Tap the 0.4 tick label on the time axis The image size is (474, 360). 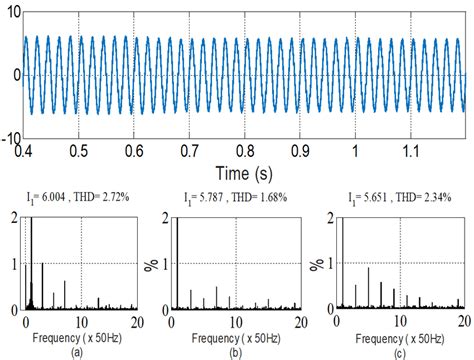[x=23, y=150]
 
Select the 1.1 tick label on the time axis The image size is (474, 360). [x=410, y=150]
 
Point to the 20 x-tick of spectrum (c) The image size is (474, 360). [x=463, y=324]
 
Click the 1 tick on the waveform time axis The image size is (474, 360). [x=355, y=150]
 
